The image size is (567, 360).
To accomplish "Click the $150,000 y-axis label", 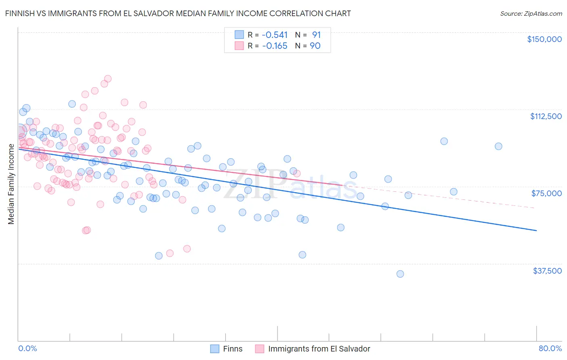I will [544, 39].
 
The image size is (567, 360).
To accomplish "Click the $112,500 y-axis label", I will [546, 116].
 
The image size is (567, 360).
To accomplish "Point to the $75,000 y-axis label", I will [546, 193].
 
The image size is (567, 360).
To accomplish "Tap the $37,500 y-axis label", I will [547, 271].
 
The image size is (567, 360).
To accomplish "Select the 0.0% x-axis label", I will [27, 348].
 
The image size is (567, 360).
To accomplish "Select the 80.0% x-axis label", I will [550, 348].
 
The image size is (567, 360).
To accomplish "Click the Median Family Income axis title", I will [11, 184].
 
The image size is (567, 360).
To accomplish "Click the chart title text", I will [178, 13].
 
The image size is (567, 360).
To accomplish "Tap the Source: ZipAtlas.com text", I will [531, 13].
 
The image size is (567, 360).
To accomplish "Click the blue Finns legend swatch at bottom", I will [215, 349].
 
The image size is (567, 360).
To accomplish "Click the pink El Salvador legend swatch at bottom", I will [259, 349].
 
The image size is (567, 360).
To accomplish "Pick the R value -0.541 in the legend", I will [275, 35].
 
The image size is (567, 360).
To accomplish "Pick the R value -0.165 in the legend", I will [275, 46].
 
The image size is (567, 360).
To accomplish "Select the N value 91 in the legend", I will [316, 35].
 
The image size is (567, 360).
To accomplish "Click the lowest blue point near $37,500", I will [400, 274].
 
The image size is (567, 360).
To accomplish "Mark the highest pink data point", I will [108, 79].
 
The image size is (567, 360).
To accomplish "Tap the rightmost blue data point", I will [498, 147].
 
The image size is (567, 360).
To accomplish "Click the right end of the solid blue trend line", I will [536, 230].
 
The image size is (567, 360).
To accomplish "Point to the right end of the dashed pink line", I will [534, 207].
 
